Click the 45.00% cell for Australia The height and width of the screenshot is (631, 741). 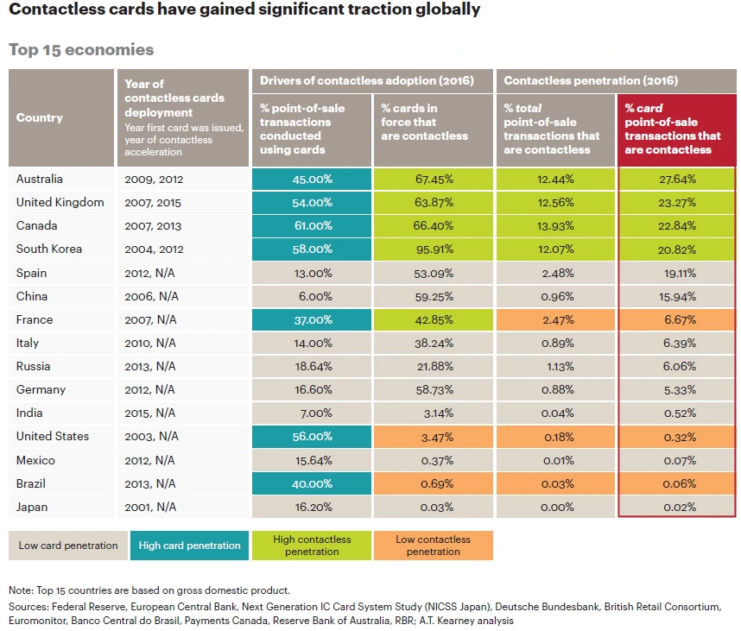click(312, 179)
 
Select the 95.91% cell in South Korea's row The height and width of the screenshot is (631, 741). click(433, 249)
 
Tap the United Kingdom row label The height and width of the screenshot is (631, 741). click(60, 202)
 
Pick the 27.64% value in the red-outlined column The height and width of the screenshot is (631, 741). click(678, 179)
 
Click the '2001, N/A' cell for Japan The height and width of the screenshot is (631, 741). click(155, 507)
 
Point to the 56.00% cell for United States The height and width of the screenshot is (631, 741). click(312, 437)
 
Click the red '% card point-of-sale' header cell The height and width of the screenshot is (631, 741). click(678, 129)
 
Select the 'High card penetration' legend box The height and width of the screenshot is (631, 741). click(190, 546)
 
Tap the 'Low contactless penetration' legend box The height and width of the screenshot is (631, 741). click(434, 546)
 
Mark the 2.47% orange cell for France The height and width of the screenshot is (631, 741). click(555, 319)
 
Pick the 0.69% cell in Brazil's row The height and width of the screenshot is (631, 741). click(433, 483)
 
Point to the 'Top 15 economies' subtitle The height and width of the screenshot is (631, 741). click(81, 50)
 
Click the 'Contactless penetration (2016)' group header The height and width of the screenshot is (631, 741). click(591, 80)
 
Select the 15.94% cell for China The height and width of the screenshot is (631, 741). click(678, 296)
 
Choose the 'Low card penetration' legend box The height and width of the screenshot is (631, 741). click(68, 546)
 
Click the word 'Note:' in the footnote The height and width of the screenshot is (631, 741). click(22, 590)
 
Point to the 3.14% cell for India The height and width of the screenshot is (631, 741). click(433, 413)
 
